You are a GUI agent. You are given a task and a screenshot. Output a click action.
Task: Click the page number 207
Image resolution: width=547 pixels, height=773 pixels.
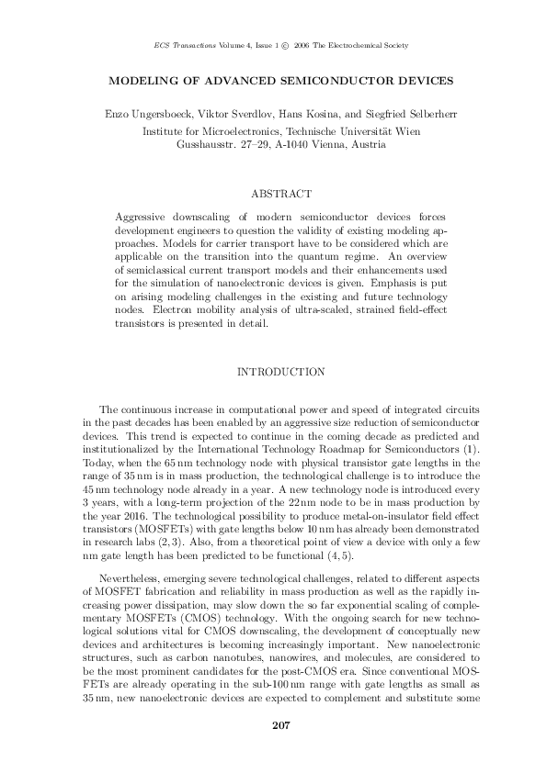click(281, 728)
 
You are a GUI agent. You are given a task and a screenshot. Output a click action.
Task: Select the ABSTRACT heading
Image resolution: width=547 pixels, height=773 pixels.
click(281, 194)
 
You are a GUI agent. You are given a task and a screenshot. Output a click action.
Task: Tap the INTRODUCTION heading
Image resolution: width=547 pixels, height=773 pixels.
click(281, 372)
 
